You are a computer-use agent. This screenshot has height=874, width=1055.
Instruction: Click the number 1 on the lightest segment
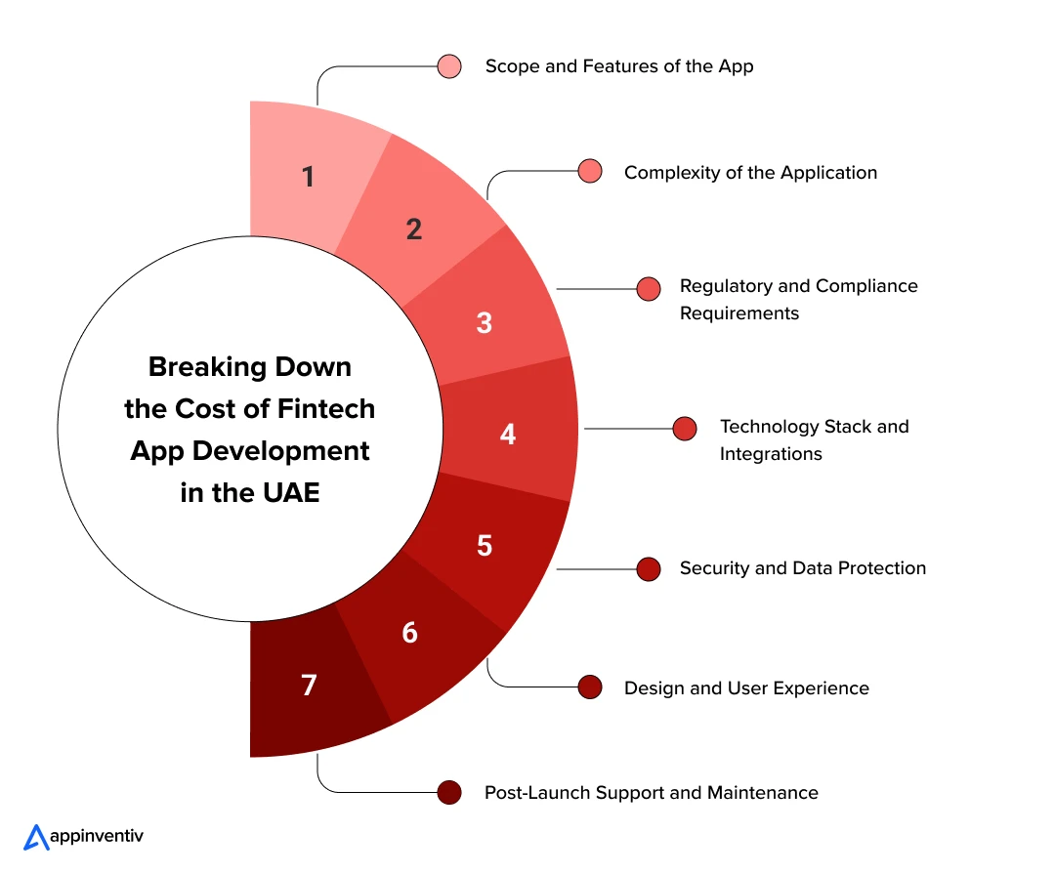308,177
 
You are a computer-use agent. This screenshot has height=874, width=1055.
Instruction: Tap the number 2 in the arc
414,229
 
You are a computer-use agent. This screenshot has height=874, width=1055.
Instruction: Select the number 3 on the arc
484,323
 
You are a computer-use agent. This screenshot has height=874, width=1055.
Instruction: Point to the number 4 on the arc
508,434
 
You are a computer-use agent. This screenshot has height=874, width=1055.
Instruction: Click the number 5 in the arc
485,546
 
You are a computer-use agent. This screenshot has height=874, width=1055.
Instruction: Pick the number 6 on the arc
409,633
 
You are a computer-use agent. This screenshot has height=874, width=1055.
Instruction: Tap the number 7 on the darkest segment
309,685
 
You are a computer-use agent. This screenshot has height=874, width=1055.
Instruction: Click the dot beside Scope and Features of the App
448,66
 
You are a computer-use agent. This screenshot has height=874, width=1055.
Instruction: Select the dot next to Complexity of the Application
590,171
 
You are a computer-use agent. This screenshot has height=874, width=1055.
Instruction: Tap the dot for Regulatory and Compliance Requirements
649,289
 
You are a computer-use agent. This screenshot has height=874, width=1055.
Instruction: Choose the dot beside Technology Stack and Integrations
685,429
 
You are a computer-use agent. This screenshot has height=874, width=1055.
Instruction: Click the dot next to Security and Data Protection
649,569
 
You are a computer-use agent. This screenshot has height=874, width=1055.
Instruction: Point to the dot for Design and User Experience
590,687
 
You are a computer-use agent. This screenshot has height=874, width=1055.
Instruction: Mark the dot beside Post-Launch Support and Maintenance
448,792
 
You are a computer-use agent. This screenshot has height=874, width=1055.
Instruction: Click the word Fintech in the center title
326,408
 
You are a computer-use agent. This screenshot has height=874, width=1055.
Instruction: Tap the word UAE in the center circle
291,492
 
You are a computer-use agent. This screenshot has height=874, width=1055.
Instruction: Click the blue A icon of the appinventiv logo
36,837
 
